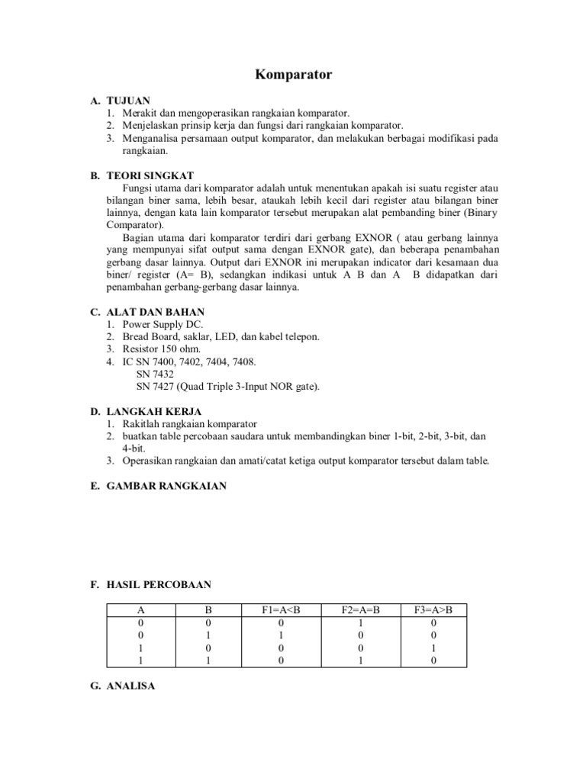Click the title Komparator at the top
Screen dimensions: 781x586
click(293, 76)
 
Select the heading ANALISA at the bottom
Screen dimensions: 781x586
click(130, 686)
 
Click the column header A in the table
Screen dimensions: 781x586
click(140, 610)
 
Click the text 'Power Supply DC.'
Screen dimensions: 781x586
click(159, 324)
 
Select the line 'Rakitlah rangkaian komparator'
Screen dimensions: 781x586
click(190, 424)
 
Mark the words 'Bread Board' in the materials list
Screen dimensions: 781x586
click(149, 336)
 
